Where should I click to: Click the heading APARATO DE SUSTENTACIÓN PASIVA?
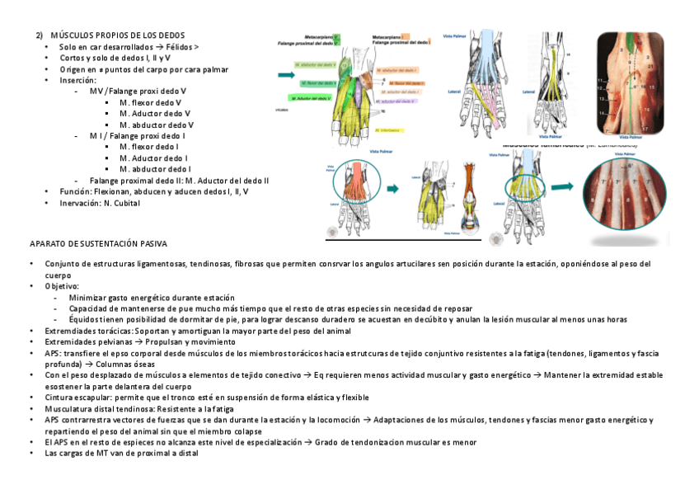click(98, 244)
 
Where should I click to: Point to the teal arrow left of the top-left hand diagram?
click(286, 75)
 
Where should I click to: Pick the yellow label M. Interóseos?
click(389, 130)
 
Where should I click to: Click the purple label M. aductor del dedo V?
click(310, 99)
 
